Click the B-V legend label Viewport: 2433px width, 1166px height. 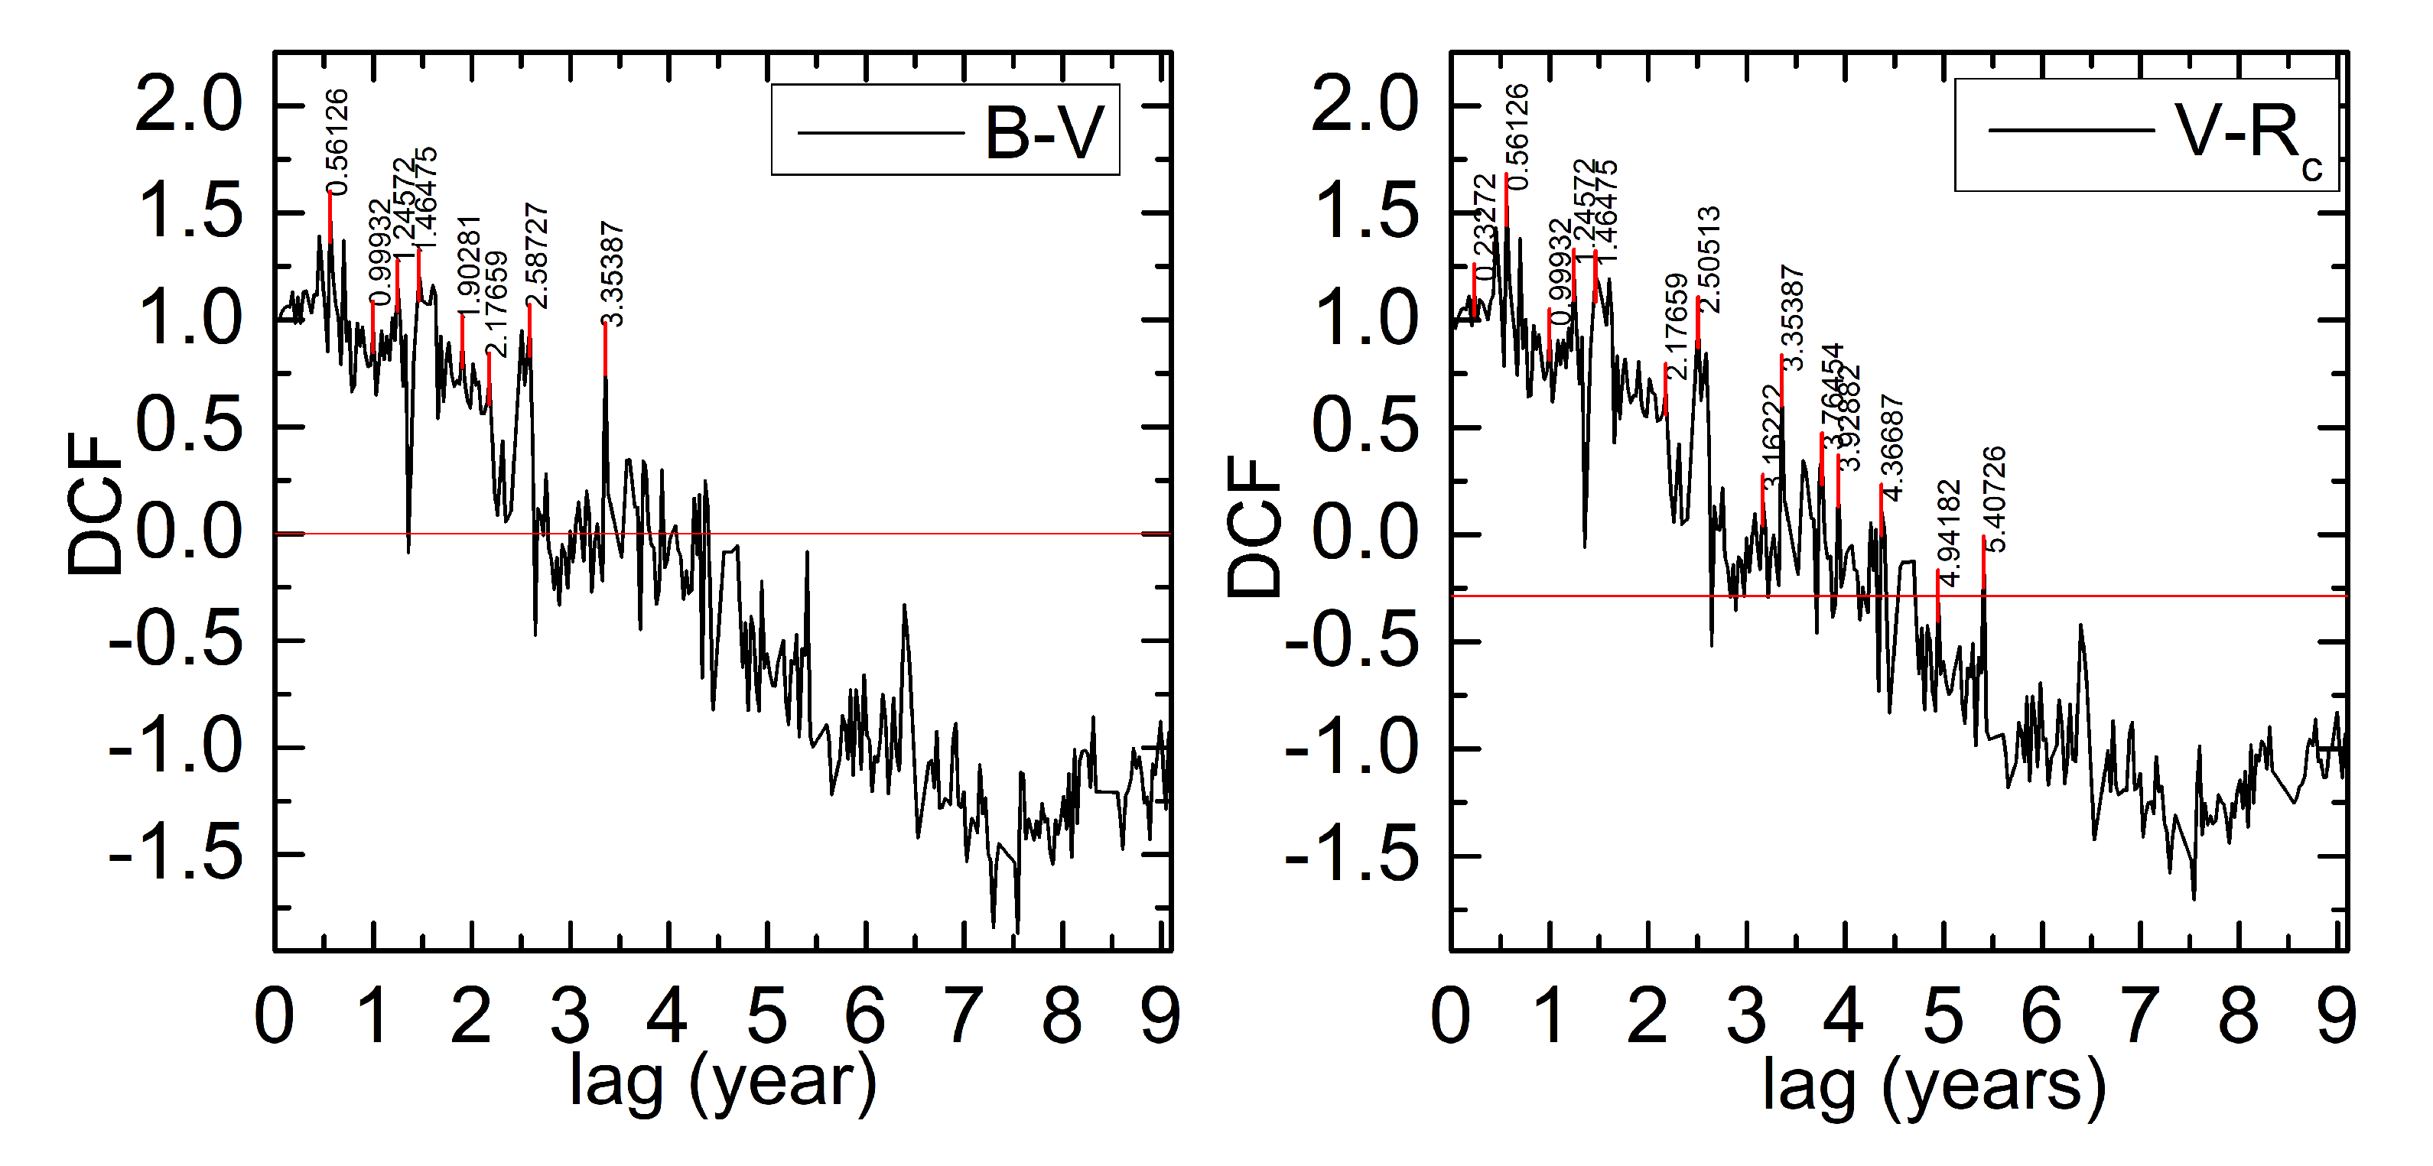(x=1044, y=133)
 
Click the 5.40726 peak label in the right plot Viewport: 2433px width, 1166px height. (x=1993, y=499)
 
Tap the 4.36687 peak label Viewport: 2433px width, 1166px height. (x=1891, y=447)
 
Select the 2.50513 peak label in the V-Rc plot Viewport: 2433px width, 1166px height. (x=1709, y=260)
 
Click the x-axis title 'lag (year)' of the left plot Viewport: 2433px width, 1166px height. (x=723, y=1084)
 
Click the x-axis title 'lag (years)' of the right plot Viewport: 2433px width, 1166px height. (x=1934, y=1086)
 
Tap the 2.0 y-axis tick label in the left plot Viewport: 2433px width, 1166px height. (x=189, y=106)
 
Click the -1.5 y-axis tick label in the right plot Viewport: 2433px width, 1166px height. (x=1351, y=856)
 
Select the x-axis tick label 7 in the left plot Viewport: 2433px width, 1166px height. (x=964, y=1018)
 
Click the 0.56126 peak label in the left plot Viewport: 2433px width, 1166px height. (x=337, y=141)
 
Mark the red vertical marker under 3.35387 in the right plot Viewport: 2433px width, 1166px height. (x=1781, y=382)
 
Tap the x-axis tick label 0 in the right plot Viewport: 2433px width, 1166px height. (x=1451, y=1018)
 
